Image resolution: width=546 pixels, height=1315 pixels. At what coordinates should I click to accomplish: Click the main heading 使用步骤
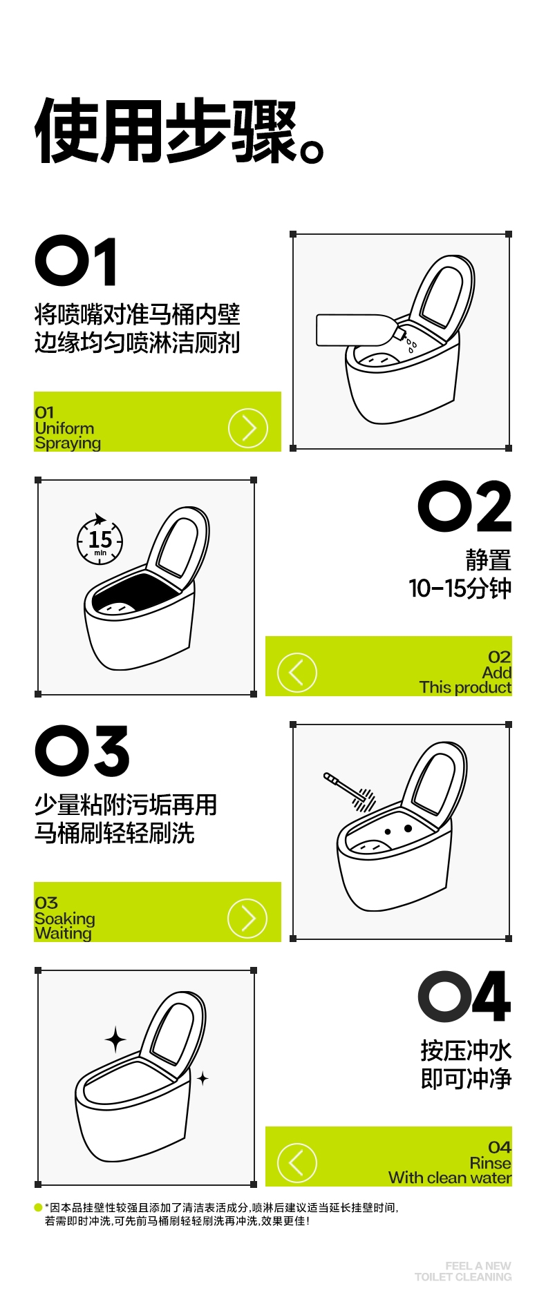click(x=178, y=131)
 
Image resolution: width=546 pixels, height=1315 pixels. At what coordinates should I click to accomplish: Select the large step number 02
click(x=465, y=507)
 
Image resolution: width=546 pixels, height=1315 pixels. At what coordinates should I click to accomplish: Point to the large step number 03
click(x=82, y=751)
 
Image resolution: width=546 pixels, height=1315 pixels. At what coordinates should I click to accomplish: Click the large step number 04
click(x=465, y=997)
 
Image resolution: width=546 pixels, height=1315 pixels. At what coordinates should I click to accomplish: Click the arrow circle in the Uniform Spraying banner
click(x=247, y=428)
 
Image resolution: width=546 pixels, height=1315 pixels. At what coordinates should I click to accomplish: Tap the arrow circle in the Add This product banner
click(x=297, y=673)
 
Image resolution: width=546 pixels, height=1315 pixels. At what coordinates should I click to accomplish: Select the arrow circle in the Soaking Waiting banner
click(x=247, y=919)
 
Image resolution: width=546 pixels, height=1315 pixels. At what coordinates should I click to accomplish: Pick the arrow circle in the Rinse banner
click(x=297, y=1163)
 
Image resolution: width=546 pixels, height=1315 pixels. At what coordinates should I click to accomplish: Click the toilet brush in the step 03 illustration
click(x=350, y=790)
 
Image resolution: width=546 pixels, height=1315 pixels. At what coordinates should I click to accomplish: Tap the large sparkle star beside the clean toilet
click(x=115, y=1039)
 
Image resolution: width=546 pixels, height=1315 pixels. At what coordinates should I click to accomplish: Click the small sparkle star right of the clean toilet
click(x=203, y=1078)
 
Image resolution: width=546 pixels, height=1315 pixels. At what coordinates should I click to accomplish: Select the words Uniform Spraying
click(x=68, y=436)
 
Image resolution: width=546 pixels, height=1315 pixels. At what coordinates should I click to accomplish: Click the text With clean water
click(x=450, y=1178)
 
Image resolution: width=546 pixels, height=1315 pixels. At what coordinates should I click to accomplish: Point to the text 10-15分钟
click(x=460, y=588)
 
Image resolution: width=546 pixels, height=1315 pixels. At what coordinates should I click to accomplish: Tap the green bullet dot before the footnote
click(x=38, y=1207)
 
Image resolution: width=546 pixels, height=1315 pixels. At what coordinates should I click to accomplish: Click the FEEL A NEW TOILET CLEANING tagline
click(x=463, y=1271)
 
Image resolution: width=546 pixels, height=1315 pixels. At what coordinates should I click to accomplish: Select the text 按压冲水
click(x=467, y=1050)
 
